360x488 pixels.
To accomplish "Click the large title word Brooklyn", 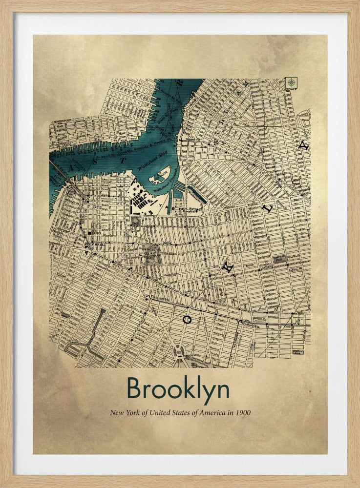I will [178, 389].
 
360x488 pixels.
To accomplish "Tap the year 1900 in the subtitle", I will [243, 413].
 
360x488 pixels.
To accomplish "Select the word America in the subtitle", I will [210, 413].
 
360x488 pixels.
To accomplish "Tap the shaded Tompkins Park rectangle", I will [280, 259].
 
